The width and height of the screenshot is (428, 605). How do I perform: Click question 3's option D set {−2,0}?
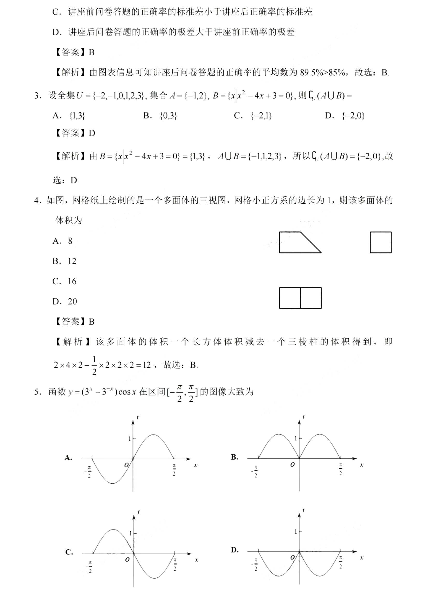pyautogui.click(x=353, y=116)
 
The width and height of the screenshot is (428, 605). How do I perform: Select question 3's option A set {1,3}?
pyautogui.click(x=77, y=116)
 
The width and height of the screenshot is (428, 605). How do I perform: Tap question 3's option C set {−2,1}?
pyautogui.click(x=261, y=116)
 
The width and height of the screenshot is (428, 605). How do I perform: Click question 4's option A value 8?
pyautogui.click(x=70, y=241)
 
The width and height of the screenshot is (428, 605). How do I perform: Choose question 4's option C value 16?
pyautogui.click(x=72, y=281)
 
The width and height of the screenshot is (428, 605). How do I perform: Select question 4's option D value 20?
pyautogui.click(x=72, y=301)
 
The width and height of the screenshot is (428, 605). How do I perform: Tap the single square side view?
pyautogui.click(x=381, y=242)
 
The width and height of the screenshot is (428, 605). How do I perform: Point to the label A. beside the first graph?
pyautogui.click(x=68, y=458)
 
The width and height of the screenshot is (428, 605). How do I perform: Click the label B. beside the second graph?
pyautogui.click(x=234, y=457)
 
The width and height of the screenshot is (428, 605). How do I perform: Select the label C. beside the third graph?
pyautogui.click(x=69, y=552)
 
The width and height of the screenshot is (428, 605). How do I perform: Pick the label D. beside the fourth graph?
pyautogui.click(x=234, y=550)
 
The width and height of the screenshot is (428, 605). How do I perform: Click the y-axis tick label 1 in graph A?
pyautogui.click(x=129, y=439)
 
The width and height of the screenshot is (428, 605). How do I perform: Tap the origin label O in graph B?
pyautogui.click(x=292, y=465)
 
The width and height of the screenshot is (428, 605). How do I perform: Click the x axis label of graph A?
pyautogui.click(x=196, y=465)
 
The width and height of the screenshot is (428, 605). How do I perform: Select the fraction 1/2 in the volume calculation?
pyautogui.click(x=94, y=365)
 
